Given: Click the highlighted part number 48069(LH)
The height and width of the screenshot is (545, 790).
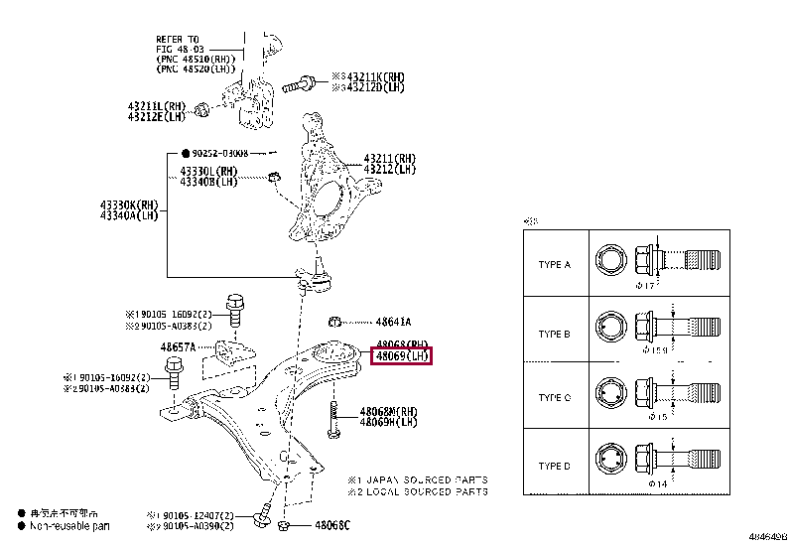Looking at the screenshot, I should [401, 355].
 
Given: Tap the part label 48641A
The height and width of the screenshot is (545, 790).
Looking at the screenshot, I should [393, 322].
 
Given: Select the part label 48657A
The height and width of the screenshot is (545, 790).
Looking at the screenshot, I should [179, 347].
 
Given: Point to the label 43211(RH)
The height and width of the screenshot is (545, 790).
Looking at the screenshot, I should [390, 158].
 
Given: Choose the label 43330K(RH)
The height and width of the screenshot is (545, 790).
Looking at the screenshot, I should [128, 204].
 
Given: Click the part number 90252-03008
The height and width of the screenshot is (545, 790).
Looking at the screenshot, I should [219, 154].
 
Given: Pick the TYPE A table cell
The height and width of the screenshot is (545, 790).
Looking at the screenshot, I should [554, 265].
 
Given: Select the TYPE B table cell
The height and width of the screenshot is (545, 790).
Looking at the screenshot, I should [554, 334].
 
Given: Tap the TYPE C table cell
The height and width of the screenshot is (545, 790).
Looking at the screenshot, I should [554, 398].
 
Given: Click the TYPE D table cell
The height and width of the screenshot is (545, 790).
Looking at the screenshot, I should [554, 466].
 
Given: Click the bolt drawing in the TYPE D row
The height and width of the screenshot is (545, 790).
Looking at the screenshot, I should [683, 462].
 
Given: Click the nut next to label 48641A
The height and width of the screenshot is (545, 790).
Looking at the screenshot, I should [336, 321].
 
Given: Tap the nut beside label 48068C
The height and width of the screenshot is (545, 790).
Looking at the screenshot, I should [285, 525].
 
